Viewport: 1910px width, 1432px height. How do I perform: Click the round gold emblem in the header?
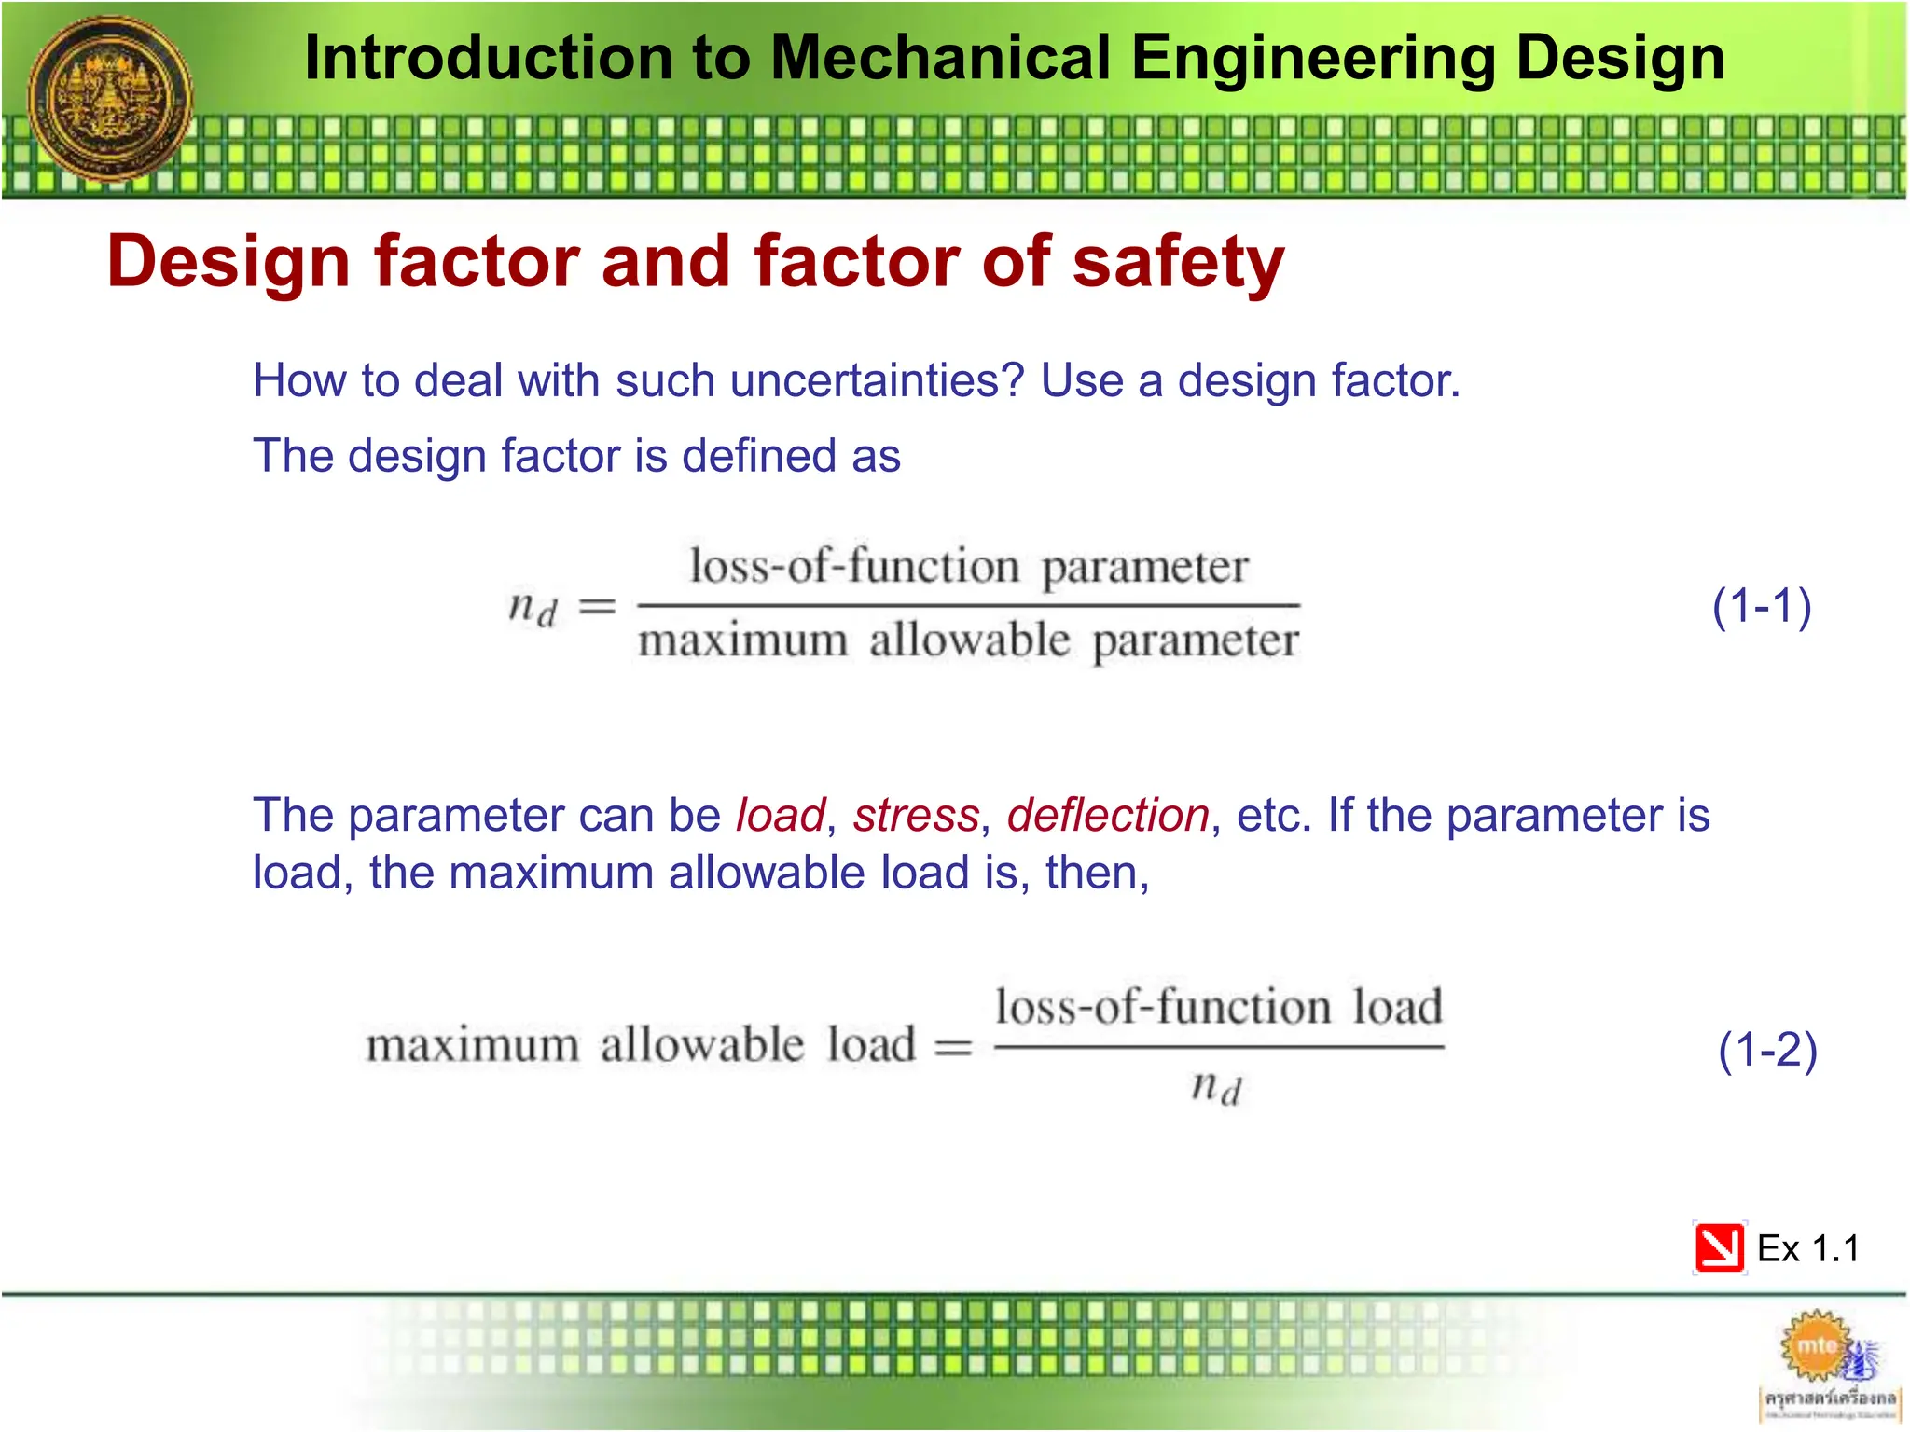point(110,98)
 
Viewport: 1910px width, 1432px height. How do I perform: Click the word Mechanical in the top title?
point(942,58)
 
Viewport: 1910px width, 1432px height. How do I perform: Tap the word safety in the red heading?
point(1179,262)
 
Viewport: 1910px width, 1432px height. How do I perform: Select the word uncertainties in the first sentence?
point(877,380)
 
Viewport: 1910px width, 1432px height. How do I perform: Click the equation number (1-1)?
point(1762,606)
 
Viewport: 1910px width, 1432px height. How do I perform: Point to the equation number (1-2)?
point(1767,1050)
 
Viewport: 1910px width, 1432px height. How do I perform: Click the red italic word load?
point(781,816)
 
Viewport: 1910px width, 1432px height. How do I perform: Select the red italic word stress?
point(916,816)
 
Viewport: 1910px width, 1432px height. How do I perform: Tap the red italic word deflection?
point(1108,816)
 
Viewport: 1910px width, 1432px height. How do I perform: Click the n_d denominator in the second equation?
point(1217,1087)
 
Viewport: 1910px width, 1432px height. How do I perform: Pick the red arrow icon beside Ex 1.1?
point(1719,1247)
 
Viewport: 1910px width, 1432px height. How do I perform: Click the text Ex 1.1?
point(1807,1248)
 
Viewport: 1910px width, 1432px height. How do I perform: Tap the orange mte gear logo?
point(1816,1345)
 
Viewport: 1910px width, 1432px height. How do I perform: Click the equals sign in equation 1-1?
point(598,607)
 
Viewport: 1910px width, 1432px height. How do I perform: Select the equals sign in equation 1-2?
point(953,1047)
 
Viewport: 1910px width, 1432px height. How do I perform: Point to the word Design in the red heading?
point(228,262)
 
